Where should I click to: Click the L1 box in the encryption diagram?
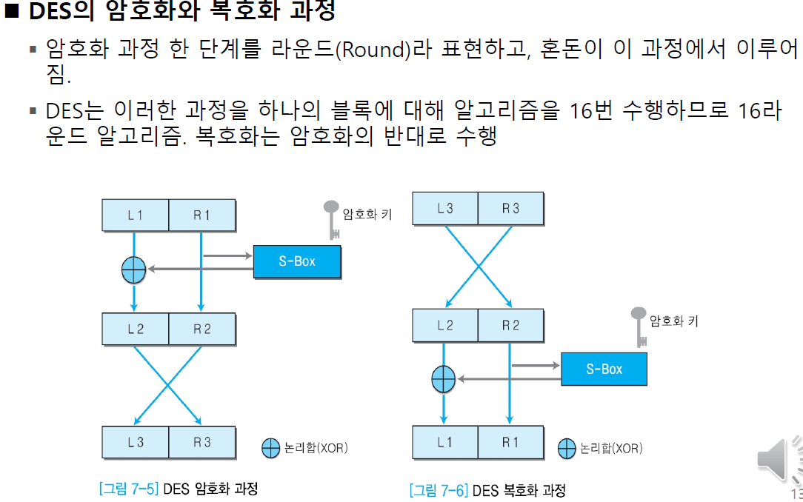(x=136, y=215)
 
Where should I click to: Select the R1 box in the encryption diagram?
(x=202, y=215)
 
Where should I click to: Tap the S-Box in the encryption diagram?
(x=297, y=261)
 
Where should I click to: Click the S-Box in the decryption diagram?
(x=604, y=369)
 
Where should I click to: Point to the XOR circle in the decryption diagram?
(x=444, y=379)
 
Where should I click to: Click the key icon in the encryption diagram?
(x=330, y=219)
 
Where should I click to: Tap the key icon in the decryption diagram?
(x=639, y=326)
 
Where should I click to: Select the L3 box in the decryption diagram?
(x=445, y=209)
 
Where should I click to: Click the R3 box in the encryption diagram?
(x=202, y=442)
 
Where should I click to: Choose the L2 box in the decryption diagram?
(x=445, y=325)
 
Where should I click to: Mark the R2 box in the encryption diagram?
(x=202, y=329)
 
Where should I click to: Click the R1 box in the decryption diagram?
(x=510, y=442)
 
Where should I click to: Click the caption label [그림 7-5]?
(x=129, y=489)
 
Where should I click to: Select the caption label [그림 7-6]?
(x=439, y=490)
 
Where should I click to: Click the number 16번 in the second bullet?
(x=596, y=111)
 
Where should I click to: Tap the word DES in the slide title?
(x=53, y=11)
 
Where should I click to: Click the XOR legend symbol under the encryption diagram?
(x=271, y=447)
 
